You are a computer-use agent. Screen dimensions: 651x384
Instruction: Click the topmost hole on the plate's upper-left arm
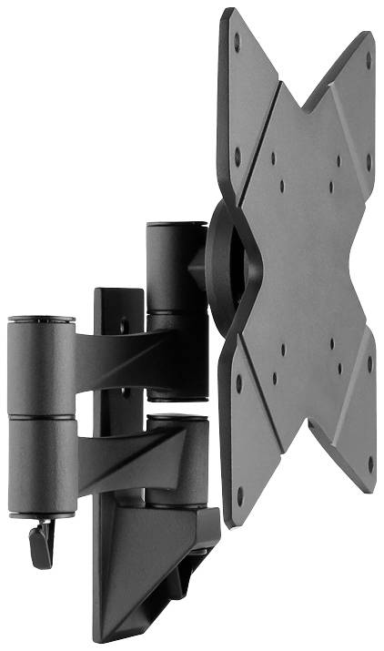[x=237, y=41]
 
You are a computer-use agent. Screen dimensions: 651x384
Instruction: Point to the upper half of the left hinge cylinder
[x=41, y=364]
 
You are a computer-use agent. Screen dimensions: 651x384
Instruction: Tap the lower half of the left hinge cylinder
[x=41, y=464]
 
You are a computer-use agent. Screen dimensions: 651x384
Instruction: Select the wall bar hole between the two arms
[x=126, y=393]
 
